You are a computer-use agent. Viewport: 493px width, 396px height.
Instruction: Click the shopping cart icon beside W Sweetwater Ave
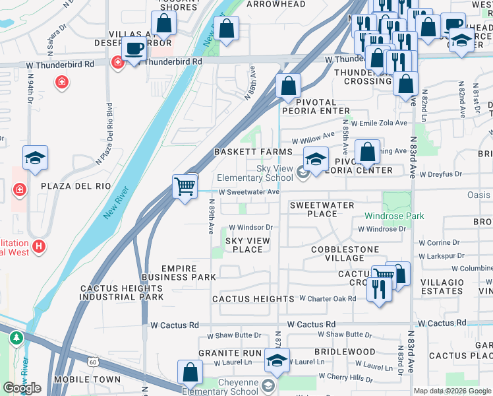pos(185,186)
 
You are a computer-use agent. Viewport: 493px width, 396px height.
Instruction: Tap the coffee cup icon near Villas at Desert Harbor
pos(135,49)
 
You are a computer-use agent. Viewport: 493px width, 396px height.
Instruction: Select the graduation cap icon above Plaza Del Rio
pos(36,157)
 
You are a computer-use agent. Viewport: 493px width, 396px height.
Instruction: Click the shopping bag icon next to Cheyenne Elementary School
pos(190,372)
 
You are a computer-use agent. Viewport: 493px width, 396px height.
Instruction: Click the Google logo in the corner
pos(22,387)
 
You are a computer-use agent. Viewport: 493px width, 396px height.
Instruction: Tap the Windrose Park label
pos(395,216)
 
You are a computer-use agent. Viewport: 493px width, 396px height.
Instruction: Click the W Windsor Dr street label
pos(250,228)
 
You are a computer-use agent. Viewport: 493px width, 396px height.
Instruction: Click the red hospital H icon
pos(40,247)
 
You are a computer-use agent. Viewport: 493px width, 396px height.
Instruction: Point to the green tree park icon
pos(16,338)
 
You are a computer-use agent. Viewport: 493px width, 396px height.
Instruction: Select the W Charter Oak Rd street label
pos(328,298)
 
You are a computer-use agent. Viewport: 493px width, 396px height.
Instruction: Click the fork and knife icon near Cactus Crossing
pos(378,288)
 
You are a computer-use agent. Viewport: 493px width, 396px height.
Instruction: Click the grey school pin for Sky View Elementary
pos(303,174)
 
